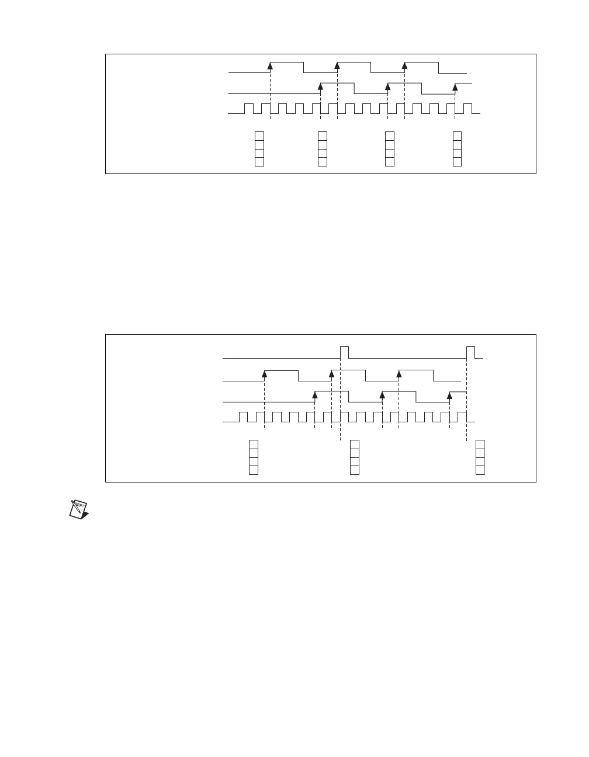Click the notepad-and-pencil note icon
[x=78, y=508]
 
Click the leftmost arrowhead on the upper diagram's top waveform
[x=270, y=65]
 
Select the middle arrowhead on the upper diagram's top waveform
[x=337, y=65]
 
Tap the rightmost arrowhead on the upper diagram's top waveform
[x=404, y=65]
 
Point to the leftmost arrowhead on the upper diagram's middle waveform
[x=321, y=86]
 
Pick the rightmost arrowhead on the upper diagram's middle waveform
[x=455, y=86]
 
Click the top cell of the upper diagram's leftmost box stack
[x=259, y=136]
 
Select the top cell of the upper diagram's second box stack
[x=322, y=136]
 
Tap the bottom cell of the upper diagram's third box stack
[x=390, y=162]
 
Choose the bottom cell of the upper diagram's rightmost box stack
[x=457, y=162]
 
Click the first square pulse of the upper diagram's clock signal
[x=249, y=109]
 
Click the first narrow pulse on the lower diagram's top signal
[x=345, y=352]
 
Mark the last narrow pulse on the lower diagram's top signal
[x=470, y=352]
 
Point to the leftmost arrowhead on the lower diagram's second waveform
[x=265, y=374]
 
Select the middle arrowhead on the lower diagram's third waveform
[x=382, y=395]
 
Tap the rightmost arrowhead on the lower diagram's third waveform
[x=449, y=395]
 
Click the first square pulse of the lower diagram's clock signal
[x=244, y=416]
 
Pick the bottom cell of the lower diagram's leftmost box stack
[x=254, y=470]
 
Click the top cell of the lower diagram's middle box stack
[x=354, y=445]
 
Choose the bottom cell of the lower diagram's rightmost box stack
[x=480, y=470]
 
